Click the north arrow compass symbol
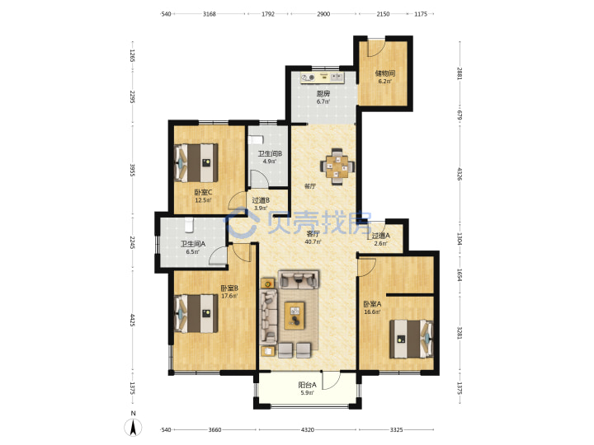click(x=133, y=428)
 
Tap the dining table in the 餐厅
click(x=337, y=166)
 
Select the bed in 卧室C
click(x=196, y=162)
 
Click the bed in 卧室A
click(x=412, y=339)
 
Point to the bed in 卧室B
click(x=196, y=314)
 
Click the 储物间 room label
click(x=385, y=73)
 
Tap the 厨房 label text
click(x=323, y=93)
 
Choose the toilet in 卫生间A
click(x=189, y=225)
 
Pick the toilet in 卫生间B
click(x=256, y=140)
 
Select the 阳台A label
click(x=307, y=385)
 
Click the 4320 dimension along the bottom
click(x=308, y=430)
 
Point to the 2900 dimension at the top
click(x=323, y=14)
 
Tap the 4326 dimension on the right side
click(x=460, y=174)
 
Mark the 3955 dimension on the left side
click(x=133, y=170)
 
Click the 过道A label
click(x=380, y=236)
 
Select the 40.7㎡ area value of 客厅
click(x=313, y=241)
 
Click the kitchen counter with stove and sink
click(x=323, y=77)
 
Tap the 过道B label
click(x=261, y=200)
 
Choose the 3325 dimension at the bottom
click(x=396, y=430)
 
